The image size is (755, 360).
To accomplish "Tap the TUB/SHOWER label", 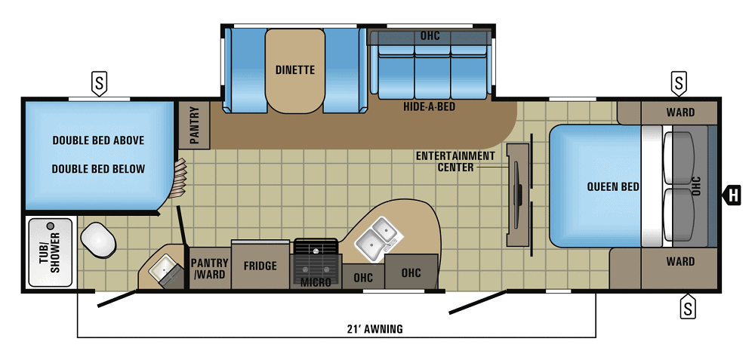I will click(50, 253).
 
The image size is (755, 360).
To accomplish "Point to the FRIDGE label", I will click(260, 266).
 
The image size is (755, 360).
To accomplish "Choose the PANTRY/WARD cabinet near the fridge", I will click(208, 268).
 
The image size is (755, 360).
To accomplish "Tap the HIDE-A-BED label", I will click(429, 107).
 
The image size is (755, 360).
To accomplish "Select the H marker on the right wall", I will click(731, 196).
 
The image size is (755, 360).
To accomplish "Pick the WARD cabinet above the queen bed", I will click(679, 112).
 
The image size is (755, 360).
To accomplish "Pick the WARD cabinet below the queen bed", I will click(679, 262).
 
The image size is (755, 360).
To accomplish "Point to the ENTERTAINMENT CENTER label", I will click(455, 161).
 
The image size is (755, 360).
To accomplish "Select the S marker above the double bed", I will click(98, 82).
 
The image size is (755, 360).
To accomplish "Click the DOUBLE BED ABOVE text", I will click(98, 140).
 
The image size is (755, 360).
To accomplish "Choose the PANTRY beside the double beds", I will click(193, 125).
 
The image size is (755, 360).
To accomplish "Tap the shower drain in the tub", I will click(51, 226).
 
